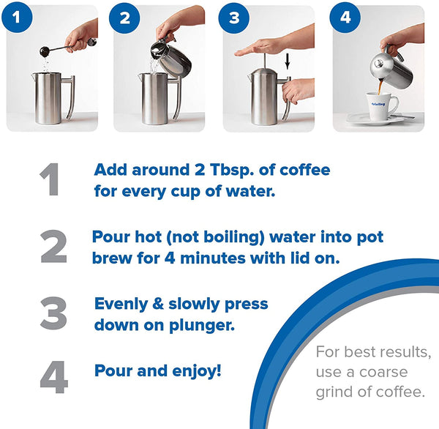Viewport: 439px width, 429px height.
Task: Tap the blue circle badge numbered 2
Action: (x=125, y=18)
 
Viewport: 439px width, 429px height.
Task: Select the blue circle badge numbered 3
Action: (x=234, y=18)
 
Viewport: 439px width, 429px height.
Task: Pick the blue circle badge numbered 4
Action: (x=343, y=18)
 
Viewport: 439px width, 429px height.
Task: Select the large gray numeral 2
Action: (x=53, y=248)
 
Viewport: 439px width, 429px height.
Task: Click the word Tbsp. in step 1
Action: (x=220, y=171)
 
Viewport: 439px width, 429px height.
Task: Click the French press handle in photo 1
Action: (x=68, y=94)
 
